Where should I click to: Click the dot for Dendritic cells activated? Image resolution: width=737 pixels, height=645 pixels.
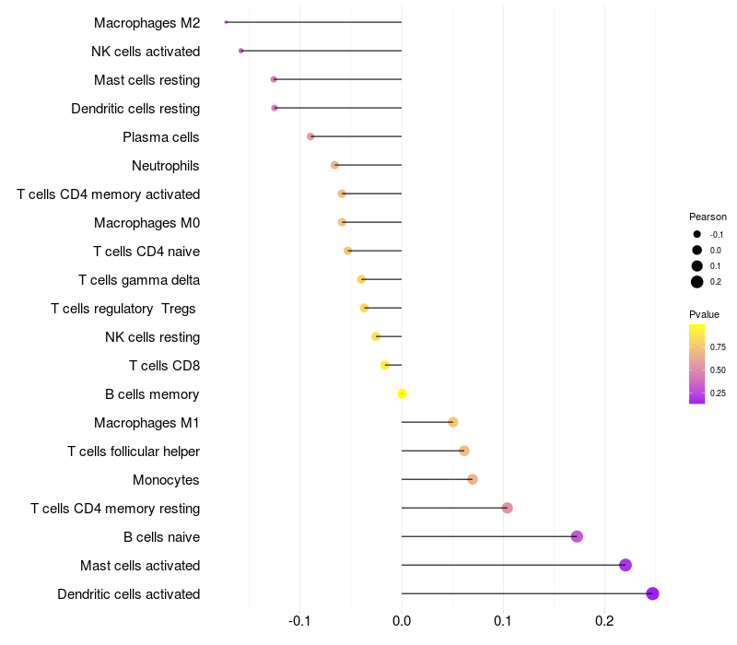click(652, 593)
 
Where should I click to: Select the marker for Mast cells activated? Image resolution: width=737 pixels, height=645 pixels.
click(626, 565)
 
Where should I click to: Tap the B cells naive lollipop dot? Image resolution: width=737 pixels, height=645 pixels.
click(577, 536)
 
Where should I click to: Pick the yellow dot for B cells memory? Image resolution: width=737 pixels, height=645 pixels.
click(402, 393)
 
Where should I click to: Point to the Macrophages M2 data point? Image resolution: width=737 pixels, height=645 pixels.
click(226, 22)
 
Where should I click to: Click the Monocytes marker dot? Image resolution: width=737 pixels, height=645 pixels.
click(473, 479)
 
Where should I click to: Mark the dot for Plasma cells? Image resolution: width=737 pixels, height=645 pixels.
click(310, 136)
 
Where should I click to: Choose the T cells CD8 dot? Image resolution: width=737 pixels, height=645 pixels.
click(385, 365)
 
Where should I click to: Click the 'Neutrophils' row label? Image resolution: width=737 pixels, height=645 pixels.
click(166, 166)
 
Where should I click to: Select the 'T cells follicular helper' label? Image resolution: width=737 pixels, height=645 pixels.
click(134, 451)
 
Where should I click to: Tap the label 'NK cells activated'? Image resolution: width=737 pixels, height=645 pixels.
click(146, 52)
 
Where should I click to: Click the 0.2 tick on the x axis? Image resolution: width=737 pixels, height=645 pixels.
click(604, 621)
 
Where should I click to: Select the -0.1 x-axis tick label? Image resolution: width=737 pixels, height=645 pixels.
click(300, 621)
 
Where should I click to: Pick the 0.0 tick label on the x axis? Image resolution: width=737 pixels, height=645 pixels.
click(402, 621)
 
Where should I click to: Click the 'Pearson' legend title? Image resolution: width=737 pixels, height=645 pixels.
click(708, 217)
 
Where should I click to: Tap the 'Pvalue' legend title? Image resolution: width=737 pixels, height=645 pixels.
click(705, 314)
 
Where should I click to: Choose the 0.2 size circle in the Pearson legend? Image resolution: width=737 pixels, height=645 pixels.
click(697, 282)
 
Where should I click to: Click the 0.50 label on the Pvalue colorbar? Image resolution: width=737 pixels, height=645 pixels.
click(719, 370)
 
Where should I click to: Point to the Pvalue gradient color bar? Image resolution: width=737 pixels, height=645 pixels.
click(697, 364)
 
